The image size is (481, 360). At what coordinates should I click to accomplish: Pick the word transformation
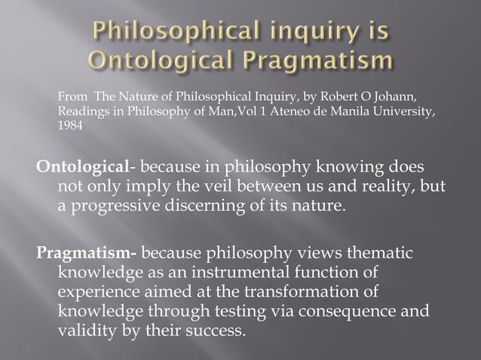[301, 290]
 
